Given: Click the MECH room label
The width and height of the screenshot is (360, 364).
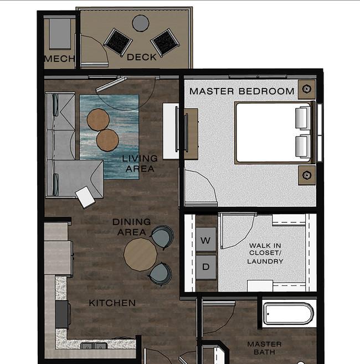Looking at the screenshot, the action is pyautogui.click(x=60, y=59).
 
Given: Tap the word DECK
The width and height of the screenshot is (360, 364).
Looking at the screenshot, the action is pyautogui.click(x=142, y=57).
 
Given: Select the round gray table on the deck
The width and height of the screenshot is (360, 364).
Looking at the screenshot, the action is pyautogui.click(x=141, y=23).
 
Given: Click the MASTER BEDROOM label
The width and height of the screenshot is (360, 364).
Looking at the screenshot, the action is pyautogui.click(x=242, y=91).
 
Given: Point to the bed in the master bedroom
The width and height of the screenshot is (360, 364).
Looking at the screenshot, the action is pyautogui.click(x=275, y=133).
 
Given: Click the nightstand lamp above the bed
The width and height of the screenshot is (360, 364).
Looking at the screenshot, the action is pyautogui.click(x=306, y=89).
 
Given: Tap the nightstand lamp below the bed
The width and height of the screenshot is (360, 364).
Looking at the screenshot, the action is pyautogui.click(x=306, y=175).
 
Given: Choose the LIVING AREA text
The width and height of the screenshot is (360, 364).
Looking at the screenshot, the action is pyautogui.click(x=140, y=163).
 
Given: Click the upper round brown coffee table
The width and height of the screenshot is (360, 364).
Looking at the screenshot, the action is pyautogui.click(x=98, y=119).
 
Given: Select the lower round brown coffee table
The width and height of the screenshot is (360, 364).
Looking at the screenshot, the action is pyautogui.click(x=107, y=140).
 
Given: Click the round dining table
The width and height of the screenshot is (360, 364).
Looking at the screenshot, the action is pyautogui.click(x=140, y=254).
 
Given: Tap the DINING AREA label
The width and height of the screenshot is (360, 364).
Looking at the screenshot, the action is pyautogui.click(x=132, y=227).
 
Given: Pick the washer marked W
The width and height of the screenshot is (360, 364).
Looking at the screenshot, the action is pyautogui.click(x=206, y=240).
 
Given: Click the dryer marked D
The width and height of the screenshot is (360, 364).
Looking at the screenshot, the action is pyautogui.click(x=206, y=267).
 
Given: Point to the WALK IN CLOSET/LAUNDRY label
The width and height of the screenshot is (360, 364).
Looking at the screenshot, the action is pyautogui.click(x=265, y=253).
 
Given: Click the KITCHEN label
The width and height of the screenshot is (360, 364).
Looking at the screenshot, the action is pyautogui.click(x=112, y=303).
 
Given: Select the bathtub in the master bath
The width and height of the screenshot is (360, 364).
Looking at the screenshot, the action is pyautogui.click(x=289, y=314).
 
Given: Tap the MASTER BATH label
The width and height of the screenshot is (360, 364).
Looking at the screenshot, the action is pyautogui.click(x=265, y=348).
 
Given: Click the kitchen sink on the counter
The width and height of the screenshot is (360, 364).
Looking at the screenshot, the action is pyautogui.click(x=94, y=346).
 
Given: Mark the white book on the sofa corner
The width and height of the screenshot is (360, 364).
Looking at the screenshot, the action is pyautogui.click(x=85, y=197).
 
